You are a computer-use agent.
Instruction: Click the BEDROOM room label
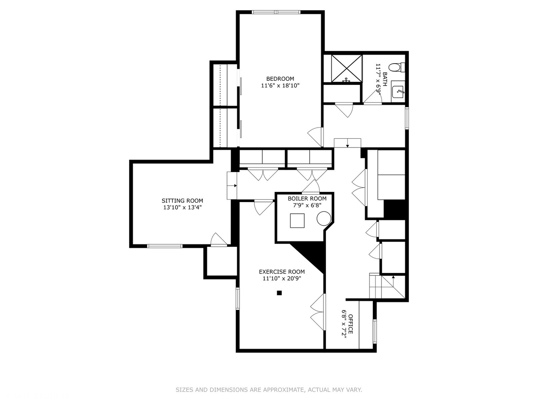pyautogui.click(x=280, y=79)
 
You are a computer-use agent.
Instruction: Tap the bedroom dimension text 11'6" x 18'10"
pyautogui.click(x=280, y=86)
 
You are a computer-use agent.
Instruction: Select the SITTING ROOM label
pyautogui.click(x=182, y=201)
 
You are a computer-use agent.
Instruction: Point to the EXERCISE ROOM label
pyautogui.click(x=282, y=272)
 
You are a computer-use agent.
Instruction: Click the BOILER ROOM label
pyautogui.click(x=307, y=199)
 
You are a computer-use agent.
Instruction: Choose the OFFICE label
pyautogui.click(x=350, y=324)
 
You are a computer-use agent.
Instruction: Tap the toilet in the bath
pyautogui.click(x=395, y=68)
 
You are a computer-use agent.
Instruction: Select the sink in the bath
pyautogui.click(x=398, y=91)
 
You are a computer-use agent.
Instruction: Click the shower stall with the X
pyautogui.click(x=347, y=68)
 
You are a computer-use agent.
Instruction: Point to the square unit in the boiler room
pyautogui.click(x=297, y=220)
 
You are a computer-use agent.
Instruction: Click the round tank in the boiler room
pyautogui.click(x=324, y=218)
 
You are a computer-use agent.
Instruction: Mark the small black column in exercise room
pyautogui.click(x=279, y=293)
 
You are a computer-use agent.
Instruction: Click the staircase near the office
pyautogui.click(x=387, y=287)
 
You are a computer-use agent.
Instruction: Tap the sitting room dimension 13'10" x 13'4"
pyautogui.click(x=182, y=208)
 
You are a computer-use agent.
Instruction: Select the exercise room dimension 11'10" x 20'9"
pyautogui.click(x=282, y=279)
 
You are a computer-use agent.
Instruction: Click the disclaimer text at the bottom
pyautogui.click(x=269, y=390)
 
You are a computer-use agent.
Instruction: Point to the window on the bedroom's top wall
pyautogui.click(x=276, y=12)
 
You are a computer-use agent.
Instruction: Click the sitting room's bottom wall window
pyautogui.click(x=165, y=246)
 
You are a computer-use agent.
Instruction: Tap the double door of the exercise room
pyautogui.click(x=319, y=312)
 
